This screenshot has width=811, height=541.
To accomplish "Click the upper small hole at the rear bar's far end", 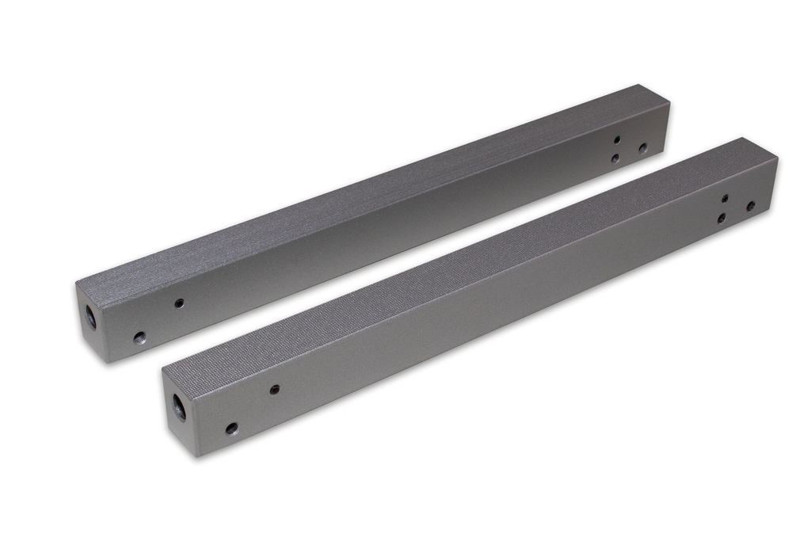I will [x=617, y=139].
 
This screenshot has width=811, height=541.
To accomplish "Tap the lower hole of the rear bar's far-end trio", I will [x=615, y=158].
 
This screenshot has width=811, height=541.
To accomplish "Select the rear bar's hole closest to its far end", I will [x=642, y=148].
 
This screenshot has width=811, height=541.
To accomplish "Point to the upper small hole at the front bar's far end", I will [x=725, y=198].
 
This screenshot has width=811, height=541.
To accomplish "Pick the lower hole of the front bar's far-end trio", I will [x=722, y=217].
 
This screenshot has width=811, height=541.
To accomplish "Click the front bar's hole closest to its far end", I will [x=751, y=206].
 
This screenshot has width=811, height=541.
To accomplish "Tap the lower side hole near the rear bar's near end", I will [x=139, y=338].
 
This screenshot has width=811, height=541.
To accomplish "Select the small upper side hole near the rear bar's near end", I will [x=179, y=303].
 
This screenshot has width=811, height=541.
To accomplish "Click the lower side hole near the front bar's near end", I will [x=231, y=429].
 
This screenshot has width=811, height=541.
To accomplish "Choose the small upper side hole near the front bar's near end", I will [x=274, y=389].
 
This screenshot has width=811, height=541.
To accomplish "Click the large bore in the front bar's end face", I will [x=179, y=407].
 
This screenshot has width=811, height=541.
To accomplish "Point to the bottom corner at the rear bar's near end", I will [x=107, y=362].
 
